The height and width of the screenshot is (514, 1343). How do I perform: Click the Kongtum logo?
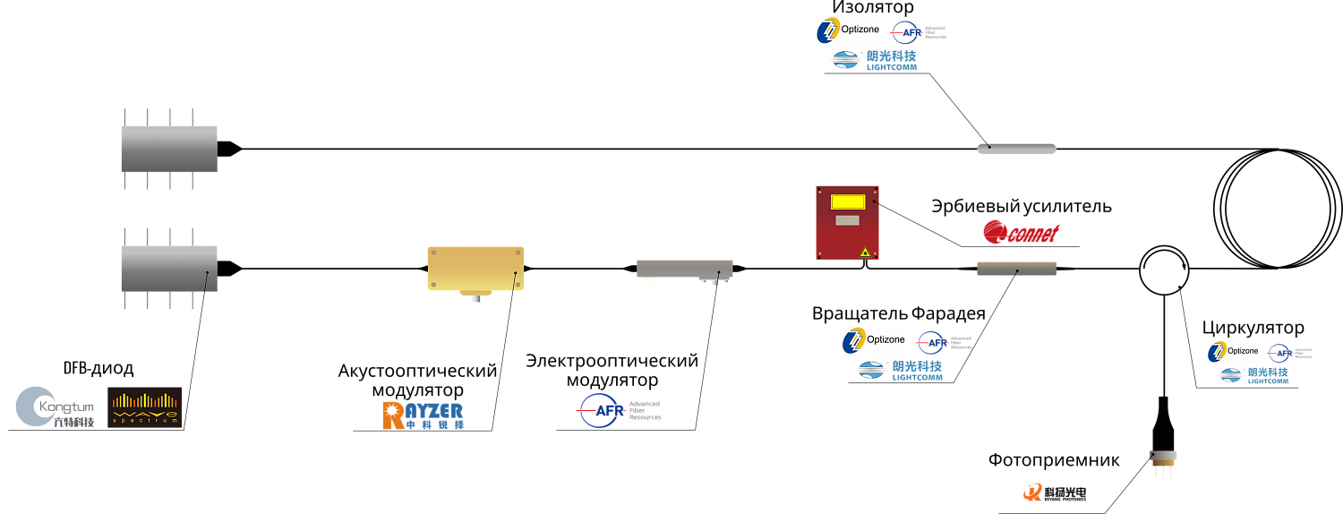pos(55,407)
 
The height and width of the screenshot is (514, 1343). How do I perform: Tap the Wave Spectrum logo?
pos(144,407)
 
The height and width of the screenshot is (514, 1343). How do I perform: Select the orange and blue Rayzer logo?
pos(423,415)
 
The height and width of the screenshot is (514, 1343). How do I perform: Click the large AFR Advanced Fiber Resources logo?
pos(618,411)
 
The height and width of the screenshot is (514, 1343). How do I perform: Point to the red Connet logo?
pos(1021,233)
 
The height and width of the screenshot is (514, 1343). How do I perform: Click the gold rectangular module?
pos(475,269)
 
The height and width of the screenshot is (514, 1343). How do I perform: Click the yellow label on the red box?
pos(847,202)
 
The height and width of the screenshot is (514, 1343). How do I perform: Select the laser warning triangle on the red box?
pos(865,253)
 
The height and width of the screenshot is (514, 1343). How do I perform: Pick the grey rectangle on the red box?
pos(847,220)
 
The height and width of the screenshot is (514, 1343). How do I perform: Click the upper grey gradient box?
pos(169,149)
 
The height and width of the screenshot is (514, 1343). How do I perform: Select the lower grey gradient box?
pos(169,269)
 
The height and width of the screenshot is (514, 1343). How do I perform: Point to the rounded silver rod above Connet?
pos(1016,149)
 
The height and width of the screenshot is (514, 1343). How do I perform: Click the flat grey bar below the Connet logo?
pos(1016,269)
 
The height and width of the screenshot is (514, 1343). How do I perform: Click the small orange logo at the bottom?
pos(1033,492)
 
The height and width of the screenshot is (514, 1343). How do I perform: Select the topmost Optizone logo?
pos(852,30)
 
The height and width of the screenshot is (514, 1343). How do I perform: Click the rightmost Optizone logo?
pos(1236,352)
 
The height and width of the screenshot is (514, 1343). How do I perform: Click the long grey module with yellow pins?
pos(684,269)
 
